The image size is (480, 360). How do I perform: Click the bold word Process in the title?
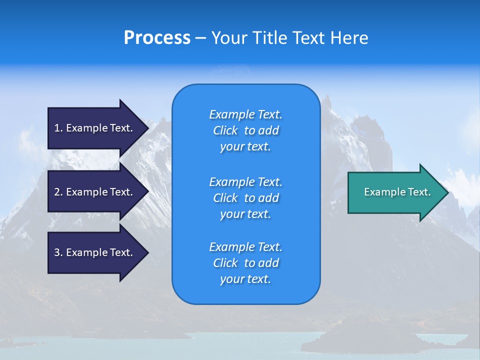(x=157, y=37)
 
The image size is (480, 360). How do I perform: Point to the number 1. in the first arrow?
(x=58, y=128)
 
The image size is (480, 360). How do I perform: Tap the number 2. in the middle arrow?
(x=58, y=192)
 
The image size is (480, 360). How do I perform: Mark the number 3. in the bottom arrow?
(x=58, y=252)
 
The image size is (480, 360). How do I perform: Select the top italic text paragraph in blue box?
(x=245, y=130)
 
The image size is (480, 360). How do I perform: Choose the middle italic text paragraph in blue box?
(x=245, y=198)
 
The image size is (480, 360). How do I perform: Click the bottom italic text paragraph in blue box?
(x=245, y=263)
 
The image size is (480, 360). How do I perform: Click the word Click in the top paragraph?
(x=225, y=130)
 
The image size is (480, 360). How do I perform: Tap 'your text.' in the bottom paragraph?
(x=245, y=279)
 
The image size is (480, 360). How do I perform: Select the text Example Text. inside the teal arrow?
(x=397, y=192)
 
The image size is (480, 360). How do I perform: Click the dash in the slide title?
(x=200, y=38)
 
